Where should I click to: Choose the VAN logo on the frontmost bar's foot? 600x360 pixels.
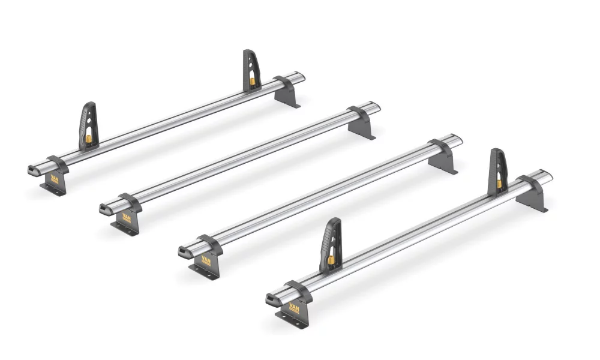295,308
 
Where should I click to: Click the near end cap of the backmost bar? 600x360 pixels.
32,170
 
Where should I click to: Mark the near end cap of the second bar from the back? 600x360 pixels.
104,209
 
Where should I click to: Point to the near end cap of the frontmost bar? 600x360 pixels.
269,298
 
